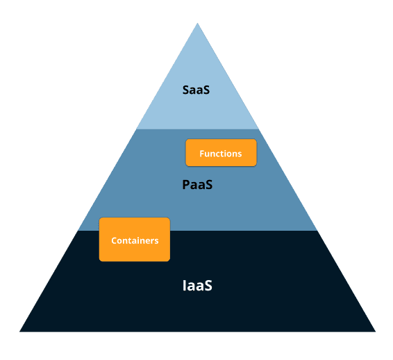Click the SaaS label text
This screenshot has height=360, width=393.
tap(196, 90)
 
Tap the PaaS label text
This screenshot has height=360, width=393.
tap(196, 185)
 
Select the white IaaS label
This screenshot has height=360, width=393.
tap(196, 285)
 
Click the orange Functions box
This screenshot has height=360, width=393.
tap(221, 153)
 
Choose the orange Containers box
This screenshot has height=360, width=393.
tap(135, 240)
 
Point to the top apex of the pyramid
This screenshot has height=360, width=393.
tap(197, 24)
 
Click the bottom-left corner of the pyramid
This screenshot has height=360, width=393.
tap(20, 331)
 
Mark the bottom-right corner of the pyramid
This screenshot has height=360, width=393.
tap(375, 331)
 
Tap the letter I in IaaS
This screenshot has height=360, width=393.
tap(184, 285)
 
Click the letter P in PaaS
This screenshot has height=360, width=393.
tap(185, 185)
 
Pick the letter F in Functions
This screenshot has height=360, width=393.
tap(202, 153)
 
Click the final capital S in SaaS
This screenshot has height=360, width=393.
tap(206, 90)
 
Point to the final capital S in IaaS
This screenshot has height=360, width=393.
tap(208, 285)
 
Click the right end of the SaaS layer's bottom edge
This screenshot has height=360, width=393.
tap(258, 129)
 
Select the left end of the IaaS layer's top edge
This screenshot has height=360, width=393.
tap(78, 231)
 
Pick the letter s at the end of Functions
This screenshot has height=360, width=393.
tap(240, 154)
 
